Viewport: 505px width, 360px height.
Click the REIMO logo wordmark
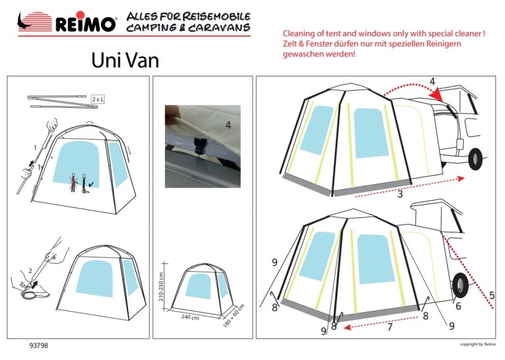point(85,23)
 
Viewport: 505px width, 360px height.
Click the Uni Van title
point(125,60)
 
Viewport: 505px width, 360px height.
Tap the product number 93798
point(39,346)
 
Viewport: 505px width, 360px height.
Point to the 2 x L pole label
point(98,99)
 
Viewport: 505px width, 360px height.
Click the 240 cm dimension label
point(190,317)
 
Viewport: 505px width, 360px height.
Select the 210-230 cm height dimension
point(161,286)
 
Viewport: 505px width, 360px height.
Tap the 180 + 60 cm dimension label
point(234,315)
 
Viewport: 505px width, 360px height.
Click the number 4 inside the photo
point(228,125)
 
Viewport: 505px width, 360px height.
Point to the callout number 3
point(400,193)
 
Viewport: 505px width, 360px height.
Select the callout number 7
point(390,327)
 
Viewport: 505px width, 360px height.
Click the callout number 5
point(492,295)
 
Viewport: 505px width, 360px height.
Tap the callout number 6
point(458,305)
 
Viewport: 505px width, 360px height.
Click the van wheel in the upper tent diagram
point(475,159)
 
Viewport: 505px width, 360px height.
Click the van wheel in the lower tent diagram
point(460,285)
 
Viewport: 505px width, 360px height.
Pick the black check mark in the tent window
point(91,184)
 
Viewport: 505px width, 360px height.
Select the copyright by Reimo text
point(478,344)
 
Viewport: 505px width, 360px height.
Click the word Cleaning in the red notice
point(299,34)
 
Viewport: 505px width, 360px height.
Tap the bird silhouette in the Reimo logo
point(23,22)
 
